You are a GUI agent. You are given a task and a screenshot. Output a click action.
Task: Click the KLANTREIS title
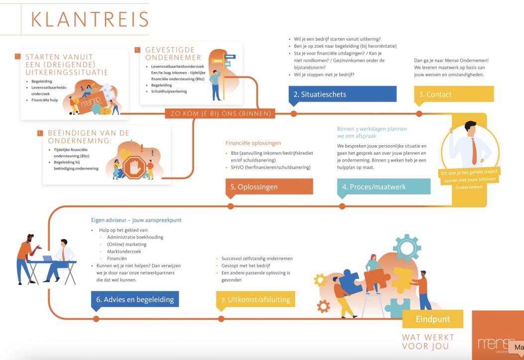coord(90,19)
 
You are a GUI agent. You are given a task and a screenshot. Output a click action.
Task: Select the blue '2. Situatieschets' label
coord(342,94)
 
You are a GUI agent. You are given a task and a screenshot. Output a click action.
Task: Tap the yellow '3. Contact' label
coord(453,94)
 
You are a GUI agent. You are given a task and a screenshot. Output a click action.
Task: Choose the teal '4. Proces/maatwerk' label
coord(383,187)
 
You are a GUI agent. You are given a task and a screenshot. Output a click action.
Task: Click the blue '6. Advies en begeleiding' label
coord(134,299)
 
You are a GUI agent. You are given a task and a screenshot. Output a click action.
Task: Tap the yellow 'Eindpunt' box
coord(432,319)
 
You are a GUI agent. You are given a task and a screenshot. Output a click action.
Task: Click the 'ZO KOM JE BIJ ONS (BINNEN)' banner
coord(220,113)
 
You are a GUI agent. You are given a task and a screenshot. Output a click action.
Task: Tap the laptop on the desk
coord(48,259)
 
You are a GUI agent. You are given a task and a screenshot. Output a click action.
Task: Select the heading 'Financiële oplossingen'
coord(253,143)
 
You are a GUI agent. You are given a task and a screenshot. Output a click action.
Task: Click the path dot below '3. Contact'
coord(419,113)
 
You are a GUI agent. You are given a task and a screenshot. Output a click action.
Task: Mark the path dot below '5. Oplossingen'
coord(230,206)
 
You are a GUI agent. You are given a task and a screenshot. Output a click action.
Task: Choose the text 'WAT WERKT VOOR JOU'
coord(425,342)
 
